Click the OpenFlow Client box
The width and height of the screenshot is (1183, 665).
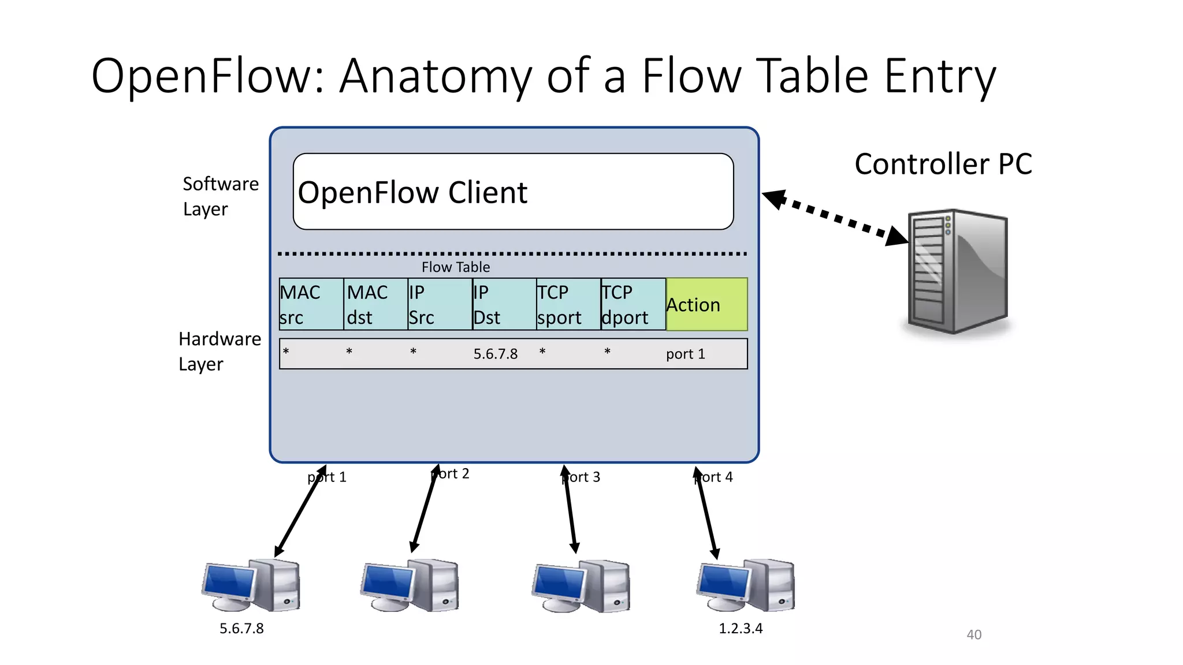coord(513,192)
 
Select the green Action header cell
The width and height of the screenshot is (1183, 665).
coord(706,304)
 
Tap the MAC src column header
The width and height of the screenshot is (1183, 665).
coord(311,304)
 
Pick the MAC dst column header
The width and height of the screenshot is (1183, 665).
coord(375,304)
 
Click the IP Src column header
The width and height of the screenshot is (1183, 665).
coord(440,304)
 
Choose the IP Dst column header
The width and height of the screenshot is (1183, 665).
coord(504,304)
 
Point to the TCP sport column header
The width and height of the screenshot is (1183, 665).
coord(568,304)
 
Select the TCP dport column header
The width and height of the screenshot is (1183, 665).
coord(633,304)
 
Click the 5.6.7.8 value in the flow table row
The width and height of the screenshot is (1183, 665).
coord(495,354)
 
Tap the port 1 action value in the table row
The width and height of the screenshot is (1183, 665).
coord(685,354)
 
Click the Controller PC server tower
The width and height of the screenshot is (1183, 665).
coord(957,271)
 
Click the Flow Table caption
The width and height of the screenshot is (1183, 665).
coord(455,267)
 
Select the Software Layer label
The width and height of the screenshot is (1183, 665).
coord(220,196)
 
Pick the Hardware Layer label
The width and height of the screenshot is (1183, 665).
coord(219,351)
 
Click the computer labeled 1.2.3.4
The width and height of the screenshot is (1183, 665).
coord(745,586)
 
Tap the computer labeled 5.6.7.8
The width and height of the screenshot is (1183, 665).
coord(251,586)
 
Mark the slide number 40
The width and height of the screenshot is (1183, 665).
coord(974,634)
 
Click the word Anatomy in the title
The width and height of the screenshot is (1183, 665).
coord(436,76)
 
